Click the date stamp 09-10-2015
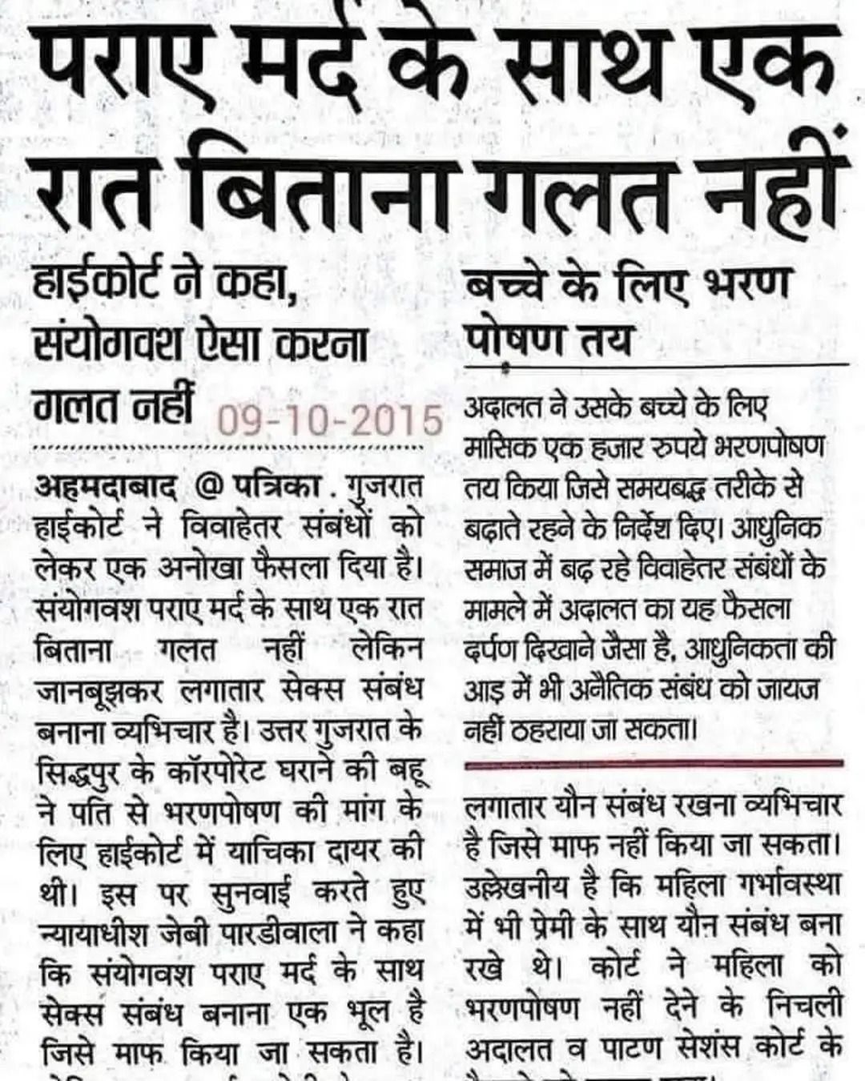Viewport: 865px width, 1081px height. coord(330,420)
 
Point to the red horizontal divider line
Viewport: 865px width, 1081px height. coord(653,765)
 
